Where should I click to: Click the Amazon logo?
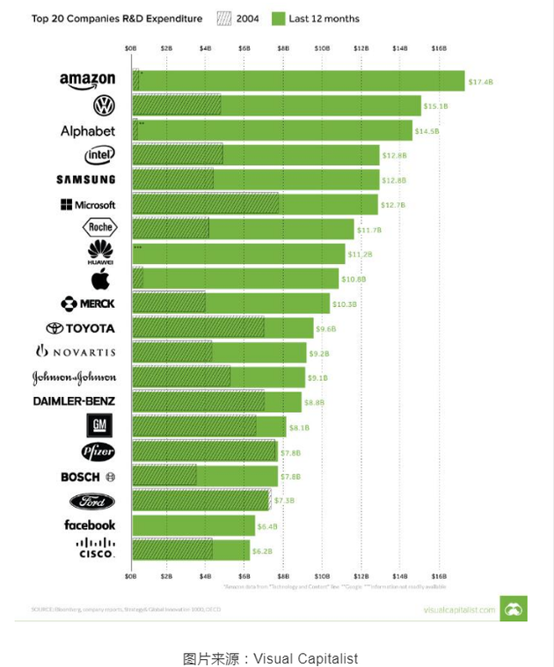point(87,80)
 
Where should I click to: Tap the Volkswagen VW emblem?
point(104,106)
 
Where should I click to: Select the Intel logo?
point(98,155)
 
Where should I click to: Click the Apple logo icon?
point(100,279)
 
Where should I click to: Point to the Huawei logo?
point(100,253)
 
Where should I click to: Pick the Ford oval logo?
point(92,502)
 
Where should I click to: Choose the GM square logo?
point(99,427)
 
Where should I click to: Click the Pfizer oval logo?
point(98,452)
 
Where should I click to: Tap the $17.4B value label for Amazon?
point(481,81)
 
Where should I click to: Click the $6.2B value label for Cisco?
point(264,551)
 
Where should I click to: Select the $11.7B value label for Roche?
point(368,230)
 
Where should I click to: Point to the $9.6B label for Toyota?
point(328,328)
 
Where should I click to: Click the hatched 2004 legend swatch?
point(221,18)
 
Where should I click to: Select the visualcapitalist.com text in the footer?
point(459,609)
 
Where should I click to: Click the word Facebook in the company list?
point(89,525)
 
